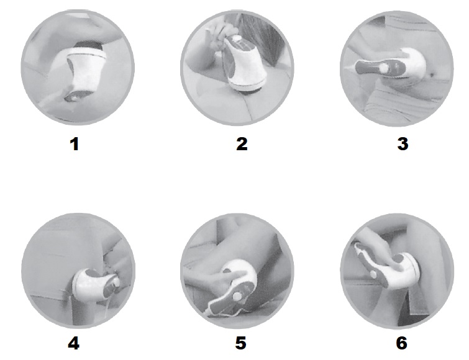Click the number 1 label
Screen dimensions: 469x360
click(x=75, y=144)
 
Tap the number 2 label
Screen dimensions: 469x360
click(x=242, y=144)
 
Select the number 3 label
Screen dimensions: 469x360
click(x=403, y=144)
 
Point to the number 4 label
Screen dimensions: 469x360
click(x=73, y=343)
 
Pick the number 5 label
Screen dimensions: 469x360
click(x=241, y=343)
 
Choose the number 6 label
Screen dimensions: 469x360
click(x=402, y=343)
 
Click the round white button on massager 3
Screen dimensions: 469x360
click(x=383, y=68)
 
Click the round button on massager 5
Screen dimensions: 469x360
click(x=237, y=296)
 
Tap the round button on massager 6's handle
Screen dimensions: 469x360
click(x=373, y=274)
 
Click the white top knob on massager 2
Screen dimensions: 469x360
click(x=236, y=38)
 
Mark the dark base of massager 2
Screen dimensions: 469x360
click(x=250, y=90)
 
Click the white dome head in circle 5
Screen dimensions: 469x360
click(x=242, y=271)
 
